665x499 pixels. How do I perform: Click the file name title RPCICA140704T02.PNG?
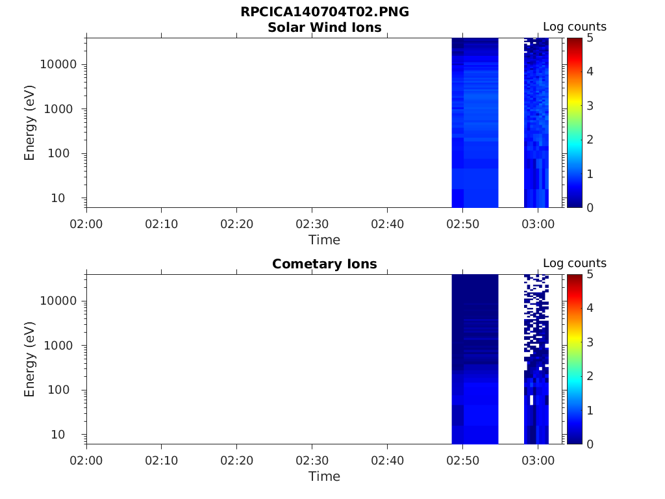pyautogui.click(x=325, y=12)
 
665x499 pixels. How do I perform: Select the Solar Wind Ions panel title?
pyautogui.click(x=325, y=27)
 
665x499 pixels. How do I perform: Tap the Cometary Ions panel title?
pyautogui.click(x=325, y=264)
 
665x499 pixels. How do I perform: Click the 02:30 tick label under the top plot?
pyautogui.click(x=312, y=224)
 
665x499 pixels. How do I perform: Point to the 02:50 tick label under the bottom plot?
pyautogui.click(x=462, y=461)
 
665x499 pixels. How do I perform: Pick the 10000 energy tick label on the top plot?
pyautogui.click(x=58, y=64)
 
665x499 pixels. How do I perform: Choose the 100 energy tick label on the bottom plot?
pyautogui.click(x=58, y=390)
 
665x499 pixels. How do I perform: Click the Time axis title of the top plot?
pyautogui.click(x=325, y=240)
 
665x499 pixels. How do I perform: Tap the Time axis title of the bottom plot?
pyautogui.click(x=325, y=476)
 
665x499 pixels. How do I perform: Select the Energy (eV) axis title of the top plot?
pyautogui.click(x=29, y=123)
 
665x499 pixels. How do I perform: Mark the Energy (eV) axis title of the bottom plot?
pyautogui.click(x=29, y=359)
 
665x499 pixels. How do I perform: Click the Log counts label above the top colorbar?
pyautogui.click(x=575, y=27)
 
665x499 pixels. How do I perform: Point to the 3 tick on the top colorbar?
pyautogui.click(x=590, y=106)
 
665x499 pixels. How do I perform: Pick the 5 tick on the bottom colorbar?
pyautogui.click(x=590, y=275)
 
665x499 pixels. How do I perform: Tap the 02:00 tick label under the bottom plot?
pyautogui.click(x=86, y=461)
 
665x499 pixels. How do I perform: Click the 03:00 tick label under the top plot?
pyautogui.click(x=538, y=224)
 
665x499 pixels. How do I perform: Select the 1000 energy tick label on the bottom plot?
pyautogui.click(x=58, y=346)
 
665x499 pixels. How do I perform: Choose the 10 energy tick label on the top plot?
pyautogui.click(x=58, y=198)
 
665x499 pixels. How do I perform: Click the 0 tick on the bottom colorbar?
pyautogui.click(x=590, y=444)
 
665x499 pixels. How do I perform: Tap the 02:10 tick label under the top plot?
pyautogui.click(x=162, y=224)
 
